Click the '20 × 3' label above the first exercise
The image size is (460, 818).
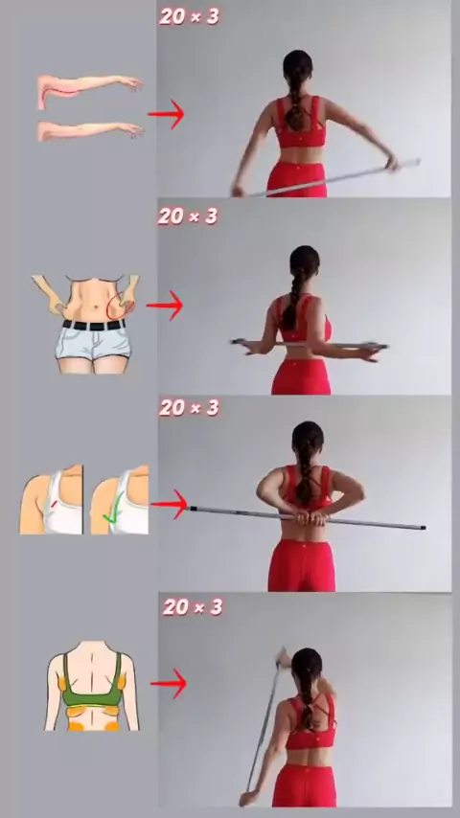190,16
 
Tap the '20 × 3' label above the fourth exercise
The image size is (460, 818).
193,606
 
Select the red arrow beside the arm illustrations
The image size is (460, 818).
166,114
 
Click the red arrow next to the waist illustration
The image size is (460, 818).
165,306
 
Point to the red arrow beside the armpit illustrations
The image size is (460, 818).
169,504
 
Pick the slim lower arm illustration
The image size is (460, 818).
90,130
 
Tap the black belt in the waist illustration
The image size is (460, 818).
94,326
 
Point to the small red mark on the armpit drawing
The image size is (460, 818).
54,504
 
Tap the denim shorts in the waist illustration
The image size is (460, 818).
93,344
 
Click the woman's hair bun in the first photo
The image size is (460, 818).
298,62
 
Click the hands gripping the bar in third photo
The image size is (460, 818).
311,518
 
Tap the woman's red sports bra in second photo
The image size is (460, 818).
303,318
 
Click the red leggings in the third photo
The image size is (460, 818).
302,565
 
